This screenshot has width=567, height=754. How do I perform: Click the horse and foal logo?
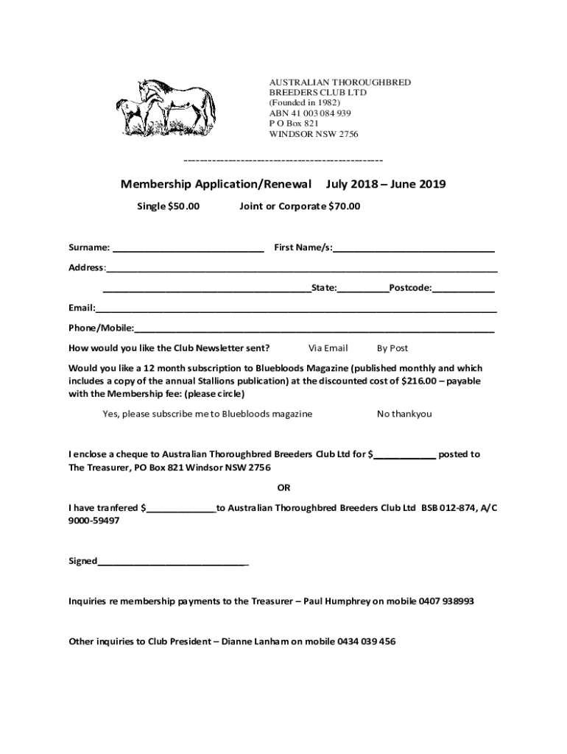[x=166, y=107]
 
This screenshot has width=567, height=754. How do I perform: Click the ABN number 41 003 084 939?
[x=310, y=113]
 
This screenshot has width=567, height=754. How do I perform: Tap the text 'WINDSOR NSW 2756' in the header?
[x=314, y=134]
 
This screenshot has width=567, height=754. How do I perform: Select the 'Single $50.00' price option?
[x=169, y=206]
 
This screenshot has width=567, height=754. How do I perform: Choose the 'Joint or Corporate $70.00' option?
[x=300, y=206]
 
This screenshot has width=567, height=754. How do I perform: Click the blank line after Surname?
[x=189, y=248]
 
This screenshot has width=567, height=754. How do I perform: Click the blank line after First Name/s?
[x=414, y=248]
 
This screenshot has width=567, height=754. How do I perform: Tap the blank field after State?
[x=363, y=288]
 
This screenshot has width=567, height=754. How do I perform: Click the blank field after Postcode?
[x=464, y=288]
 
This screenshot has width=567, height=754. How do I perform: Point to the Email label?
[x=81, y=308]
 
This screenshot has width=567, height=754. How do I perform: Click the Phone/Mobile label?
[x=101, y=328]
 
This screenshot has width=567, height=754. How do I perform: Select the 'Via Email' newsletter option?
[x=328, y=348]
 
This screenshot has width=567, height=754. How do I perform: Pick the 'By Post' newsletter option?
[x=392, y=348]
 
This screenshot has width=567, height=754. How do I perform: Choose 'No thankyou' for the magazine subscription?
[x=404, y=414]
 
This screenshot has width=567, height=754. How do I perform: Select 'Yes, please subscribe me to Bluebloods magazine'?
[x=207, y=414]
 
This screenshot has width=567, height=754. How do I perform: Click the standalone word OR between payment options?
[x=283, y=487]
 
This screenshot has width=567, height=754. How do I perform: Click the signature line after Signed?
[x=173, y=562]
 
